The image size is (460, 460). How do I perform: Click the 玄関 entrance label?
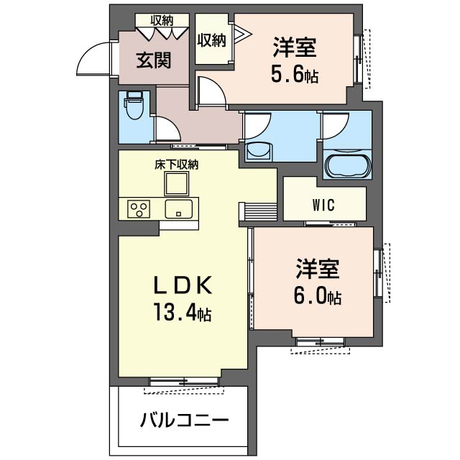153,60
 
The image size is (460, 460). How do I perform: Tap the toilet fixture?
134,105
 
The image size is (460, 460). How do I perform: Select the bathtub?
347,166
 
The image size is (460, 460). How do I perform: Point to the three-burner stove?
139,209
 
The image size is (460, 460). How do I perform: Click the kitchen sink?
179,209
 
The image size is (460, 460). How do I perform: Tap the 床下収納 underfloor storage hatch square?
176,184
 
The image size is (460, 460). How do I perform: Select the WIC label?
323,205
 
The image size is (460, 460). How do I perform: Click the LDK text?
183,285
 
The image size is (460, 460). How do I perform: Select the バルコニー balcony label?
184,420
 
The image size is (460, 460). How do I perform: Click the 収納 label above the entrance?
162,21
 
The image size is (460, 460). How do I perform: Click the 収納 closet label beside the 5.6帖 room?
211,40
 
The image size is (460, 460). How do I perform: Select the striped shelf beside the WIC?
258,211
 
